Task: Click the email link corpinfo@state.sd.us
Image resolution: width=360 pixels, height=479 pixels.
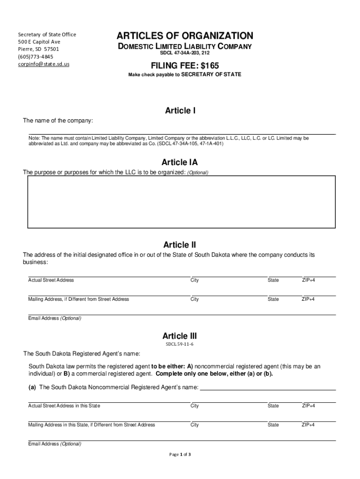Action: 43,64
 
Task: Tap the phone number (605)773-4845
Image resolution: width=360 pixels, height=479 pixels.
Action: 36,57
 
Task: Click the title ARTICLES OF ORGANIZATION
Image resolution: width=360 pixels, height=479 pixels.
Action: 185,36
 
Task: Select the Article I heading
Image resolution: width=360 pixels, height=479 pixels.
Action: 180,111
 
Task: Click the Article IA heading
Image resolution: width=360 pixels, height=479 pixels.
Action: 180,162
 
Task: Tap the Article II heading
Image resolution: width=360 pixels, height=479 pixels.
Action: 180,245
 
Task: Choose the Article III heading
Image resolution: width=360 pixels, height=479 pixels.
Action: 180,336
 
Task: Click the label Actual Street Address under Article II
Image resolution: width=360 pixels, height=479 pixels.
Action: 51,280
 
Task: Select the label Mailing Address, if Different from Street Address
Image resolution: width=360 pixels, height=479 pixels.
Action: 79,299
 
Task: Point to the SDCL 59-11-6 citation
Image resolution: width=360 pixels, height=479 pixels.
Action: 180,344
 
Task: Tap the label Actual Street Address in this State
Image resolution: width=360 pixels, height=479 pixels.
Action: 64,406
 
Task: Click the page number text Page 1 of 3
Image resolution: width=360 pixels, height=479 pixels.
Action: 180,454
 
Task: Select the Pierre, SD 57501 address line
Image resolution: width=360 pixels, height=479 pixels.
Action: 38,49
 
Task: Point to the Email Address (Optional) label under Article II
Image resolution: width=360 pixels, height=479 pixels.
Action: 55,318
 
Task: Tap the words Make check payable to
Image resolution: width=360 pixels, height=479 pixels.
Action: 154,74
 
